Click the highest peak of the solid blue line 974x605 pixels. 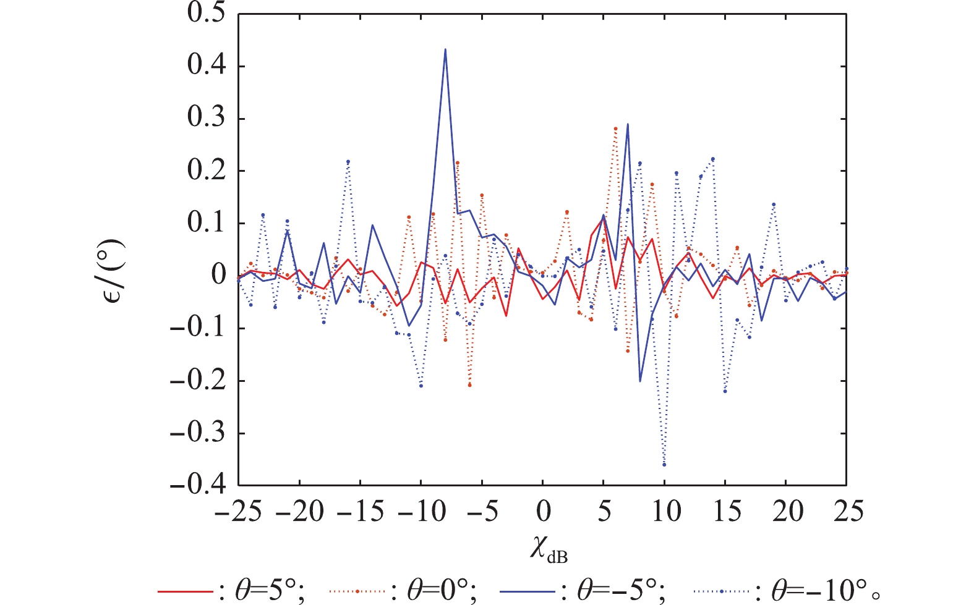445,49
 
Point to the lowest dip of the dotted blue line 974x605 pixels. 664,464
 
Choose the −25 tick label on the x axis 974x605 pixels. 239,512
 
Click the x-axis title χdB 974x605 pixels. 548,549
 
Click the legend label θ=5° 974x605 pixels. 270,591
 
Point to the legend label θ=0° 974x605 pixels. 442,591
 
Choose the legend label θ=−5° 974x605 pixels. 622,591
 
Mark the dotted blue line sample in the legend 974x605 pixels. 721,591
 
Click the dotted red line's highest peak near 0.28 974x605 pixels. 615,129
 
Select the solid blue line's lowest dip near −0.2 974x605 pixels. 640,381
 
